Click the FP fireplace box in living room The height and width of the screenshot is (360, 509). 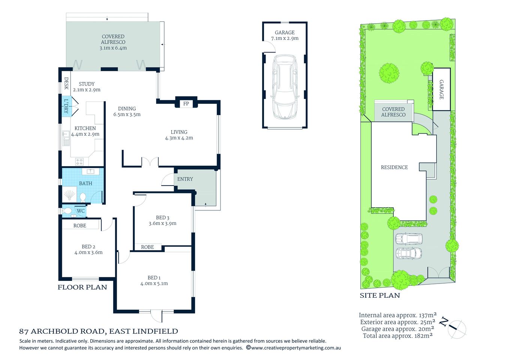[186, 103]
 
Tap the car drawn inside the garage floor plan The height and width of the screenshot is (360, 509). [285, 87]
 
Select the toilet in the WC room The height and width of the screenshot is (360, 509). [68, 211]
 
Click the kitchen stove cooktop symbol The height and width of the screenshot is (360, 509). [79, 162]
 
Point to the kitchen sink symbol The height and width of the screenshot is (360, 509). [66, 138]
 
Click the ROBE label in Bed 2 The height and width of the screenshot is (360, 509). [80, 225]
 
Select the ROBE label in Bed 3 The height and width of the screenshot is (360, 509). [147, 247]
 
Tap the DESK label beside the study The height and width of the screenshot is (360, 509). [66, 83]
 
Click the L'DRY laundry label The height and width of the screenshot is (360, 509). [66, 106]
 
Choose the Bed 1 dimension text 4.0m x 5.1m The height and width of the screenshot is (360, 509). [154, 283]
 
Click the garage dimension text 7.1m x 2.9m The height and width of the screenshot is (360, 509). [285, 38]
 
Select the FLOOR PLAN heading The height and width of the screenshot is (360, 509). [82, 287]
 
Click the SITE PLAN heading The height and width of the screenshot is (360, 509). [380, 295]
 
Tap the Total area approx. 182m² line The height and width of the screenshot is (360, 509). [398, 336]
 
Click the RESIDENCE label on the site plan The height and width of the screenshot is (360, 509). [394, 167]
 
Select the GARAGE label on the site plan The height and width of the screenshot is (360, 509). [441, 89]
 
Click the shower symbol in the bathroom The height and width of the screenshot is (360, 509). [70, 195]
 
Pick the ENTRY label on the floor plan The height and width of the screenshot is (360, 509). [185, 179]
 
